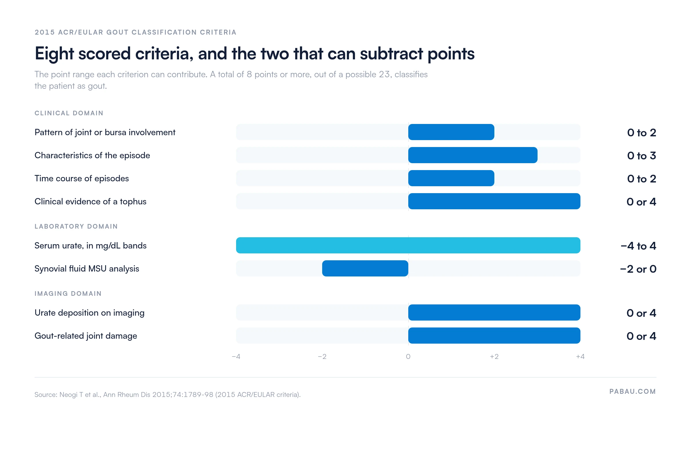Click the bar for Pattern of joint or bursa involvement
tap(451, 132)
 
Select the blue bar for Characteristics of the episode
tap(473, 155)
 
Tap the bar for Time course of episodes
tap(451, 178)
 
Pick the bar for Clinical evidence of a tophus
tap(494, 201)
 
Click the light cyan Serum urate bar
tap(408, 245)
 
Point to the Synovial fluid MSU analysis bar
tap(365, 268)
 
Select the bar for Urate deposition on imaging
tap(494, 312)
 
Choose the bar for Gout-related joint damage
tap(494, 336)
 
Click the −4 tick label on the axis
tap(236, 357)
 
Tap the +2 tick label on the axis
tap(494, 357)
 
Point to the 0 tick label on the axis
tap(408, 357)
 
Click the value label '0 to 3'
tap(642, 156)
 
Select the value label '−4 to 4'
tap(638, 246)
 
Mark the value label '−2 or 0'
tap(638, 269)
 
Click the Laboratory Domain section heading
tap(76, 227)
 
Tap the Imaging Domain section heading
tap(68, 294)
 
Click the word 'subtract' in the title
tap(392, 54)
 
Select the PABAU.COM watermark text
tap(633, 391)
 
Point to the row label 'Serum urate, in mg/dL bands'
tap(91, 246)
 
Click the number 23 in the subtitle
tap(384, 74)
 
